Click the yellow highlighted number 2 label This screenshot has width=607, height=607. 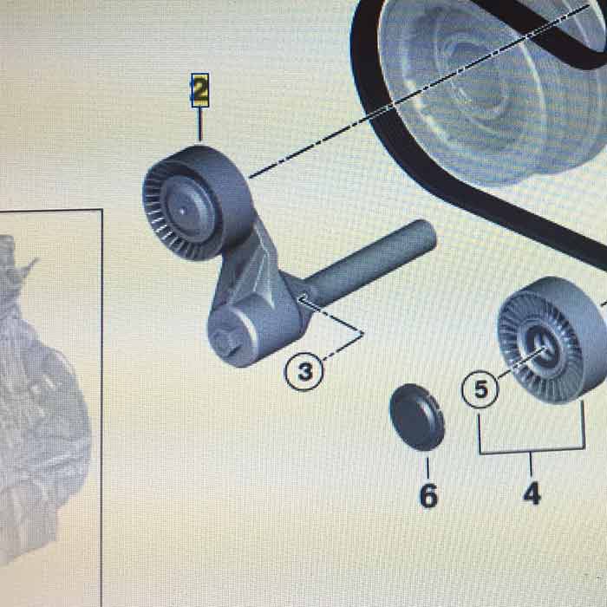[x=200, y=90]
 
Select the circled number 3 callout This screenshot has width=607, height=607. [x=304, y=372]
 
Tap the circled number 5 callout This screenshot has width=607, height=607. [x=480, y=388]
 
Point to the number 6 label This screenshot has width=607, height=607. [x=428, y=495]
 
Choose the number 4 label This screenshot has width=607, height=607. [x=532, y=493]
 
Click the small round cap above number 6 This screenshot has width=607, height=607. [x=417, y=417]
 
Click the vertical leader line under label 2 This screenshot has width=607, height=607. [x=200, y=124]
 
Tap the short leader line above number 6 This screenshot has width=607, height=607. [x=428, y=468]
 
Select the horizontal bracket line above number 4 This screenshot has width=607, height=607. [x=531, y=451]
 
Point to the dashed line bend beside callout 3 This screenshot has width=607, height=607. [x=362, y=334]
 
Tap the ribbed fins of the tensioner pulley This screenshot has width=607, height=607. [x=155, y=217]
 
